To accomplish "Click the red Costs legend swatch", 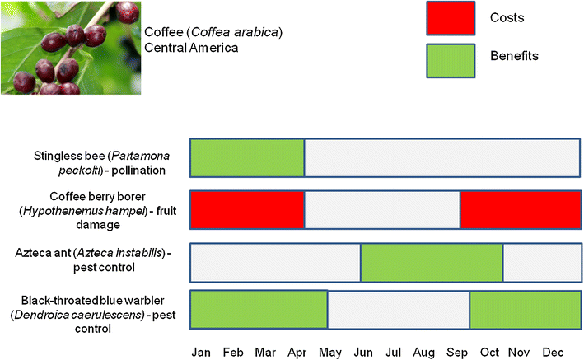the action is (451, 18).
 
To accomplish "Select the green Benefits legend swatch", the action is (451, 61).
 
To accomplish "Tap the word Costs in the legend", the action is (507, 17).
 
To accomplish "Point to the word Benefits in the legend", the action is (514, 56).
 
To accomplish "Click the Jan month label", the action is (201, 353).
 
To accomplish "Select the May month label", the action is (330, 353).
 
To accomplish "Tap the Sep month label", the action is (457, 353).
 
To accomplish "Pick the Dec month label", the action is (553, 353).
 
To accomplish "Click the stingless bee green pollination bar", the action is (247, 157).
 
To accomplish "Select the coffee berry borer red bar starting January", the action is (247, 209).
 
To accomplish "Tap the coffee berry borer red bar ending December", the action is (521, 209).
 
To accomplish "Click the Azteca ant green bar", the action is (432, 262).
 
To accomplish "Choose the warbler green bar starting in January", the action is (259, 309).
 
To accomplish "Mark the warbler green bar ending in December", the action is (526, 309).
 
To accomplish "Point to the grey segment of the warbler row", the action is (399, 310).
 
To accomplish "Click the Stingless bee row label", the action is (101, 163).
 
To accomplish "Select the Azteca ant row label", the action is (93, 260).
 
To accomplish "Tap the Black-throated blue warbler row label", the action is (93, 314).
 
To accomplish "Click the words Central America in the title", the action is (191, 48).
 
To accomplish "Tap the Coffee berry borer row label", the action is (98, 211).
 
